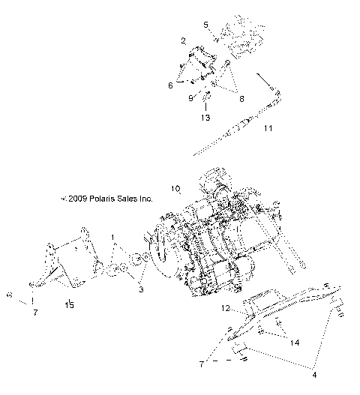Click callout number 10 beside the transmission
(x=176, y=189)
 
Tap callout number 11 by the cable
(x=268, y=128)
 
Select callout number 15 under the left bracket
(x=69, y=304)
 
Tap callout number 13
(x=205, y=117)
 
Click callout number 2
(x=182, y=40)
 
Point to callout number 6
(x=170, y=85)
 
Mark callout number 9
(x=191, y=97)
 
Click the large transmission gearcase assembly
(x=217, y=240)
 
